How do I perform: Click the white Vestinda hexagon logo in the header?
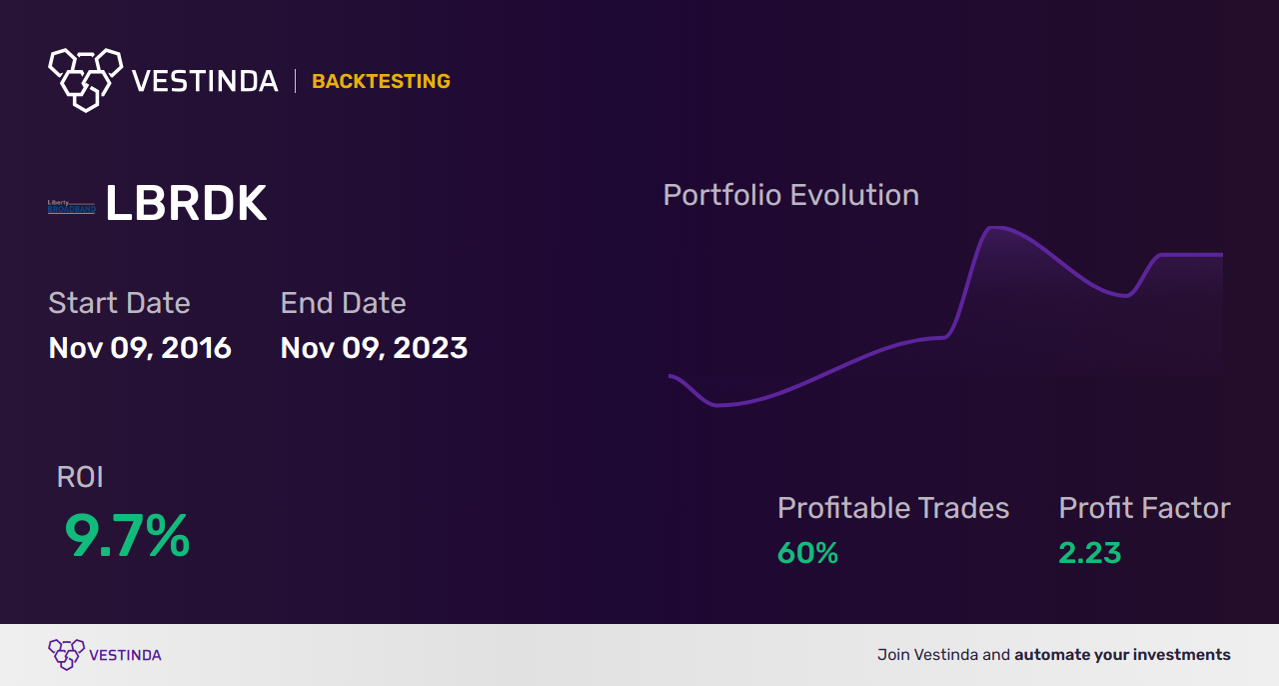click(x=85, y=78)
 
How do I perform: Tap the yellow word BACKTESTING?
click(x=381, y=82)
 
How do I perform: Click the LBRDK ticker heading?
click(x=186, y=205)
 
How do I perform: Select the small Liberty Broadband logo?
click(x=71, y=207)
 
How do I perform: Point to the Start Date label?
click(x=119, y=303)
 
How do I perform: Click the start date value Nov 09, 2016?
click(x=140, y=348)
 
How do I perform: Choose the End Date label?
click(x=343, y=303)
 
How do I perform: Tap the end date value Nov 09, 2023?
click(x=374, y=348)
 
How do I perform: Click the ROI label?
click(x=80, y=477)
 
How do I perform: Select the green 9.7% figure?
click(x=127, y=536)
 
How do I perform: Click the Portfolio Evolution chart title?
click(x=790, y=195)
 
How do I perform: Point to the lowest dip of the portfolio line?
click(x=717, y=405)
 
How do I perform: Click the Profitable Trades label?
click(x=893, y=508)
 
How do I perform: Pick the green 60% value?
click(x=807, y=553)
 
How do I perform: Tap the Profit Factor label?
click(x=1144, y=508)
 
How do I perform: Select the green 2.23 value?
click(x=1089, y=553)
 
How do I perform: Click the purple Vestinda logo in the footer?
click(x=67, y=655)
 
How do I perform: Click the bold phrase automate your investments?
click(x=1122, y=655)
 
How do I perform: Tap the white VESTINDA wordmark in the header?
click(x=205, y=81)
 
